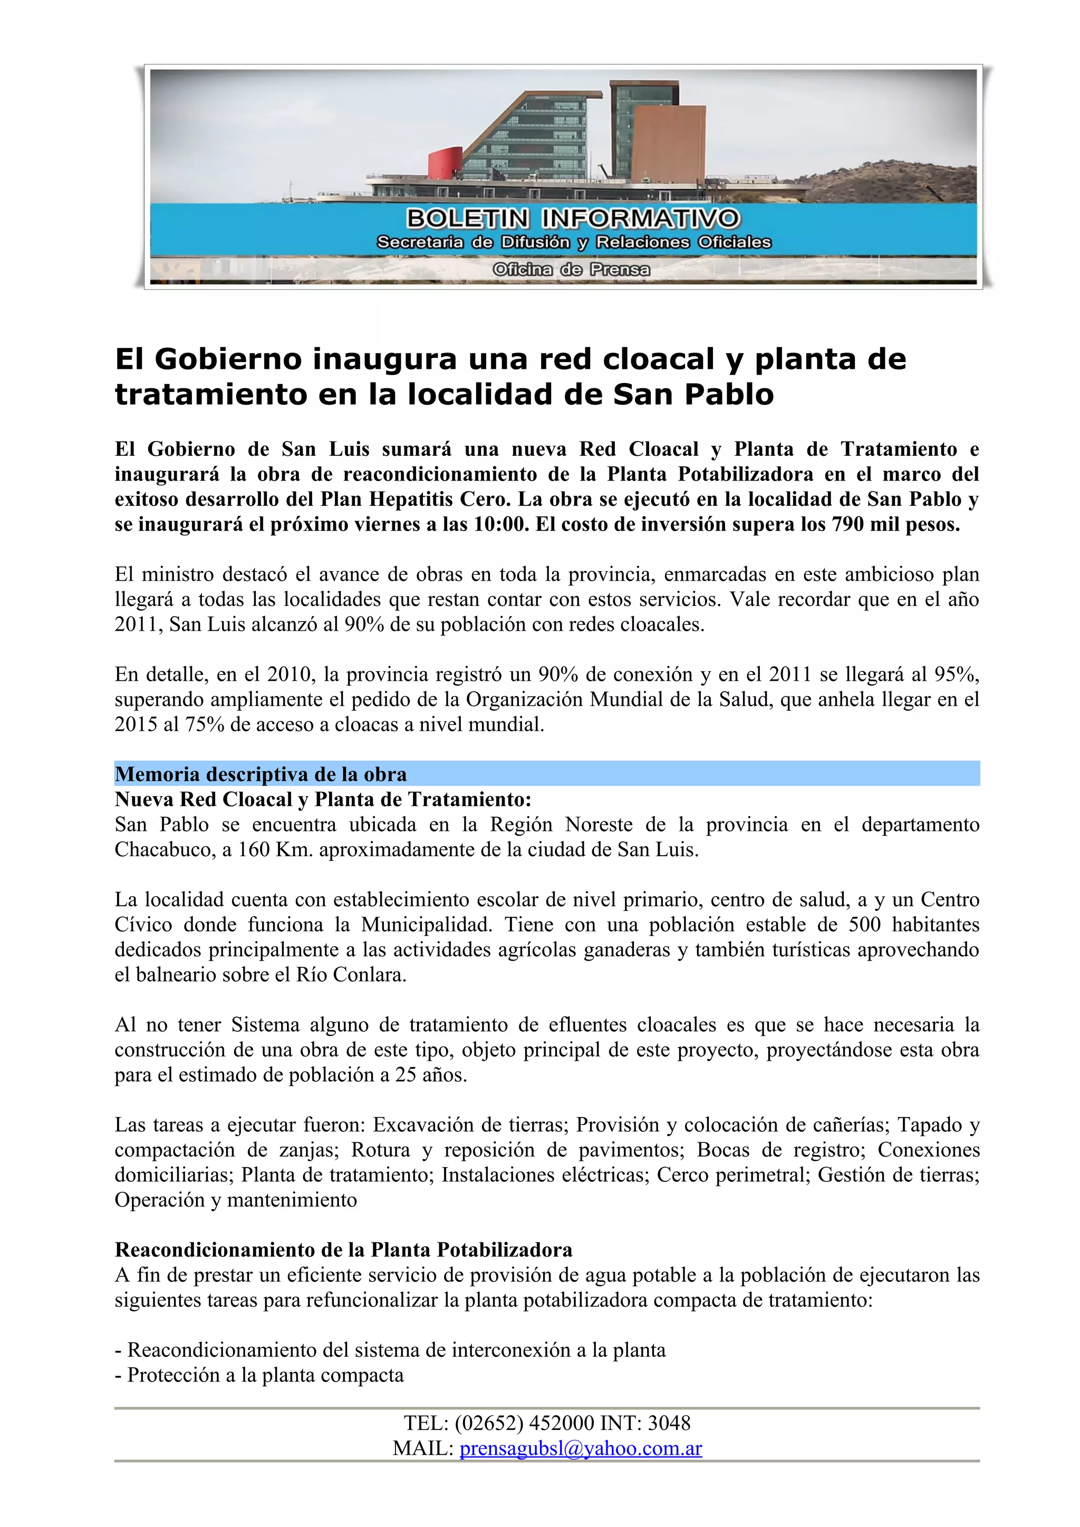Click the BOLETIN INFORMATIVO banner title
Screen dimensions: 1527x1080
click(x=572, y=218)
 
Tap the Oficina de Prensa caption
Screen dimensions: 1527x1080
click(x=571, y=270)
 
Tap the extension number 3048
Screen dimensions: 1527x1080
click(x=669, y=1423)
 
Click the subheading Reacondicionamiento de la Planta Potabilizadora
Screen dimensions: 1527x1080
click(x=343, y=1250)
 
